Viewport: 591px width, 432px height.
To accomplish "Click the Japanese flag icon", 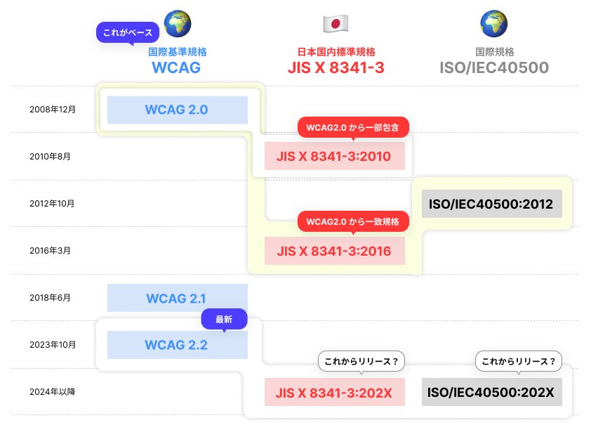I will (336, 24).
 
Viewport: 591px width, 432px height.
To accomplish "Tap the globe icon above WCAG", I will (177, 23).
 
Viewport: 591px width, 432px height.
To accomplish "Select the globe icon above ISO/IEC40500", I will (493, 24).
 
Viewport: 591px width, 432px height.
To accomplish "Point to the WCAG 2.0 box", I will (177, 110).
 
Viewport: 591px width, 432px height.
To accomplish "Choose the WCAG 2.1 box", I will (177, 298).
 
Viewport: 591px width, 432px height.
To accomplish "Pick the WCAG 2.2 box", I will (177, 345).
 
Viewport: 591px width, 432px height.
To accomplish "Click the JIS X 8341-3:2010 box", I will (335, 155).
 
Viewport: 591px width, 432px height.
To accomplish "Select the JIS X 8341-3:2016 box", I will (335, 251).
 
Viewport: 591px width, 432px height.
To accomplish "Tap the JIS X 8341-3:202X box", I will (335, 392).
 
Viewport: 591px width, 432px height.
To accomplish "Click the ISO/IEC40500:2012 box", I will (492, 204).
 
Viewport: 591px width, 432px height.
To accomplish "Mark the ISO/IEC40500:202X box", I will (492, 392).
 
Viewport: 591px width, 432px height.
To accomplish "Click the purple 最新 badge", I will (225, 318).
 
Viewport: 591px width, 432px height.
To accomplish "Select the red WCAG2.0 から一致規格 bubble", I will (353, 221).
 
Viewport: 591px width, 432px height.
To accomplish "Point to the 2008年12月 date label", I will (52, 110).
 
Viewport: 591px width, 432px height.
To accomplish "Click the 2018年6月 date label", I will (50, 298).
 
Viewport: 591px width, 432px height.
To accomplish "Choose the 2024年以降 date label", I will (52, 392).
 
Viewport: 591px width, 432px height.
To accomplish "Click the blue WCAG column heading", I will (177, 67).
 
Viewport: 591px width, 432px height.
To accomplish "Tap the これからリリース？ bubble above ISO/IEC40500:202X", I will (519, 362).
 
